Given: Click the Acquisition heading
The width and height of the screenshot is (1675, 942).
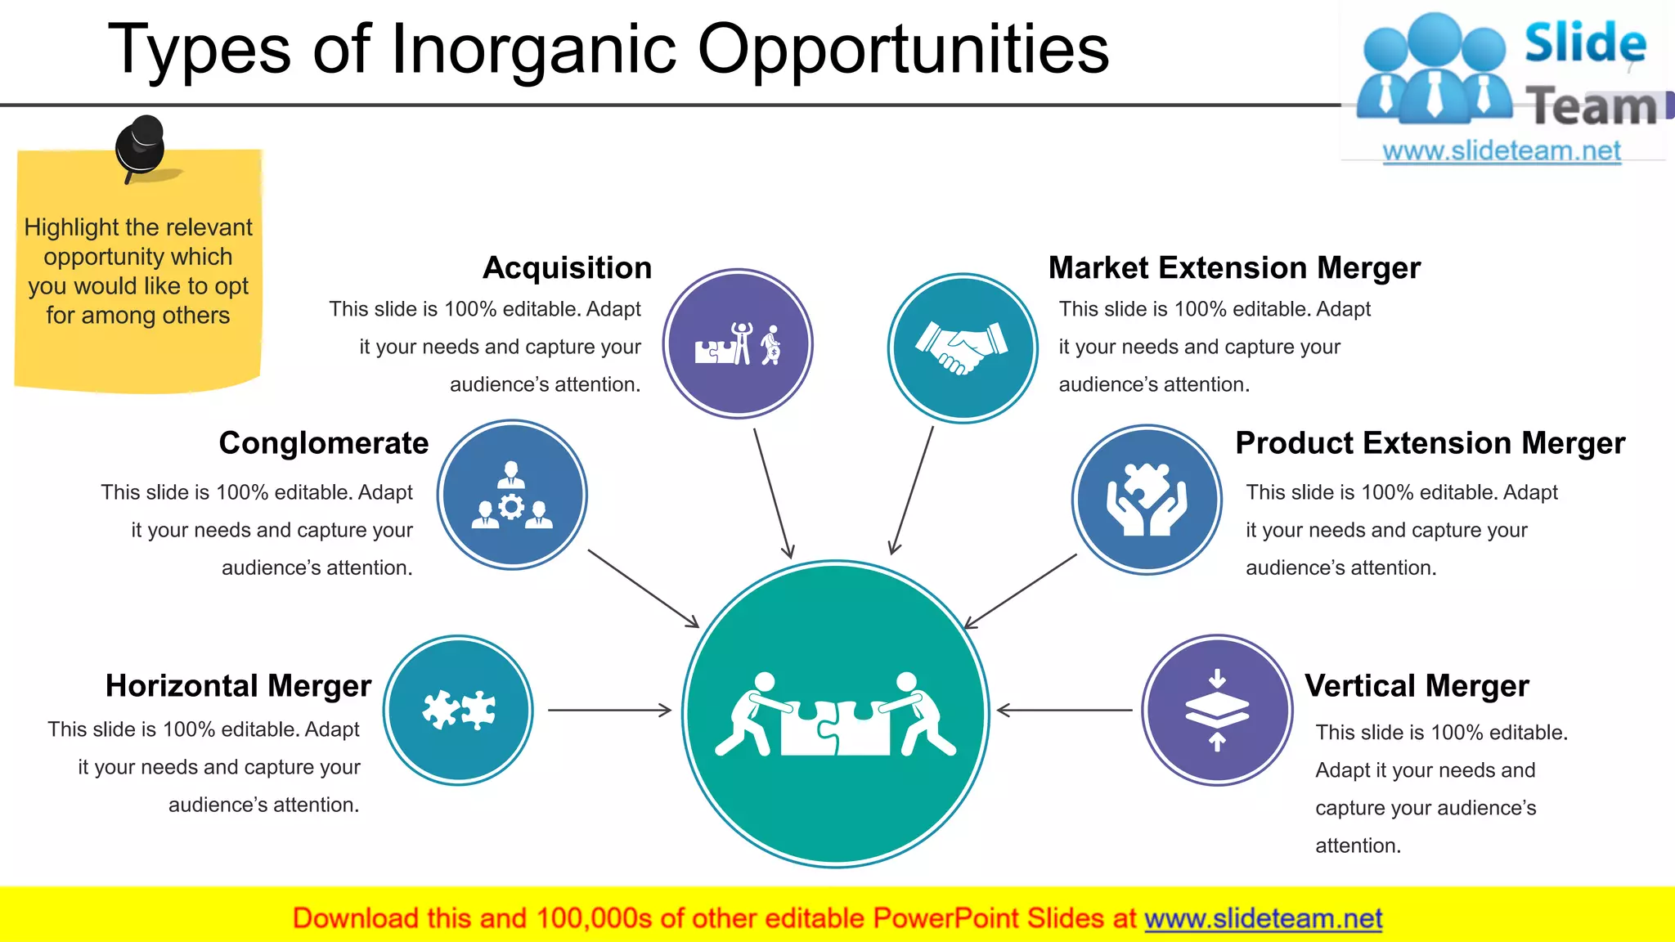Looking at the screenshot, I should [x=567, y=268].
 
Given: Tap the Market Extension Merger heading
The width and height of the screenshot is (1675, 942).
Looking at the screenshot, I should [x=1234, y=268].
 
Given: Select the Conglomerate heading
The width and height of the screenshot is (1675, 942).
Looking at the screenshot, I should [x=323, y=443].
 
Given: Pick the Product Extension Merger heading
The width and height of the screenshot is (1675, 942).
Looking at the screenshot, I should [x=1430, y=443].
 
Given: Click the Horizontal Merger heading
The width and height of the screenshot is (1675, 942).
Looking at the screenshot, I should [x=238, y=686].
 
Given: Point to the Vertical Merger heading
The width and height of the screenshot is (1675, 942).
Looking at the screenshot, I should [x=1417, y=686].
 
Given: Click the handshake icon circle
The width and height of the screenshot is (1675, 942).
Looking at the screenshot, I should [x=963, y=348].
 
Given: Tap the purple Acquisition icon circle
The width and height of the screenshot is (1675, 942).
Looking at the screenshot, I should [x=738, y=344].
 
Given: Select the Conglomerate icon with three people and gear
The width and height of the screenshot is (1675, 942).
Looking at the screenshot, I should [x=512, y=495].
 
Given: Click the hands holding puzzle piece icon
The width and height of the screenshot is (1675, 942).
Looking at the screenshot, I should [x=1147, y=500].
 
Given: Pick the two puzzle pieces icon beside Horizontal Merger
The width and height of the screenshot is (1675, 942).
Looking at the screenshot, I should [x=458, y=710].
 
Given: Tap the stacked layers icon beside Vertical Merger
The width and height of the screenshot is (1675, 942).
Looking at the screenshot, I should [x=1217, y=710].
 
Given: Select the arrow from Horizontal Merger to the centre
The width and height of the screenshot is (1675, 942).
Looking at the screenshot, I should [x=609, y=710].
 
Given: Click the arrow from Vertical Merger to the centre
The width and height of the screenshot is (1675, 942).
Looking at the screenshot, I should [x=1063, y=710].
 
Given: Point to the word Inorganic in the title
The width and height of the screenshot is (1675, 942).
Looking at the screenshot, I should [x=533, y=49].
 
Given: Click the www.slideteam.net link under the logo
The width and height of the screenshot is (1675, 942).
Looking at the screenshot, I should [x=1502, y=151].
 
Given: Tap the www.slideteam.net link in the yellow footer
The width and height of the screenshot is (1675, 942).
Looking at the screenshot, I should [x=1263, y=919].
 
